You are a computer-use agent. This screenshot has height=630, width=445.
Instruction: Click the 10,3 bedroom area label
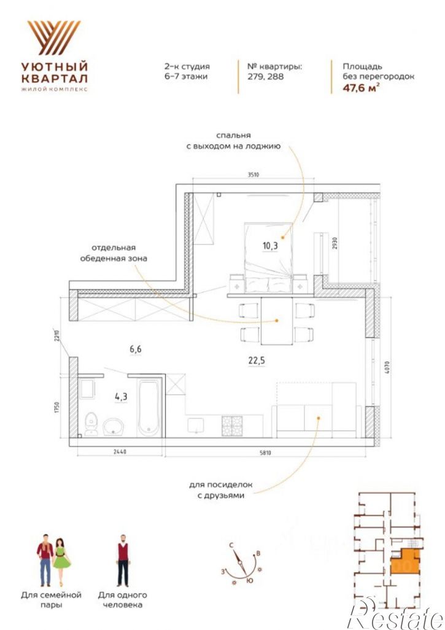point(270,246)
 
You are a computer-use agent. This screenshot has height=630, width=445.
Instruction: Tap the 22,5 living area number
point(256,360)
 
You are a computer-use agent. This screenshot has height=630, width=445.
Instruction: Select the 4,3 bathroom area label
point(121,397)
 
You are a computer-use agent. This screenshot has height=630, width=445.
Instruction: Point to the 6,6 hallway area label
point(136,349)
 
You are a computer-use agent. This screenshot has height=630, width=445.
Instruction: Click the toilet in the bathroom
point(91,424)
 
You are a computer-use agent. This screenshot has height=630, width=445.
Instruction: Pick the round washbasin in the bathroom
point(114,427)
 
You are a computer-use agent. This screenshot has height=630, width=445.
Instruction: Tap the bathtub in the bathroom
point(149,408)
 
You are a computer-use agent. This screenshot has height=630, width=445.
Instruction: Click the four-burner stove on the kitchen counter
point(232,426)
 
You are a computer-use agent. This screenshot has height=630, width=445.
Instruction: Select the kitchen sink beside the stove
point(196,426)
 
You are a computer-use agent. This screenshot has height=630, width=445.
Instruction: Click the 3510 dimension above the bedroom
point(253,175)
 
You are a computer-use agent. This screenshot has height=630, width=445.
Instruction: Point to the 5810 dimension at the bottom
point(265,453)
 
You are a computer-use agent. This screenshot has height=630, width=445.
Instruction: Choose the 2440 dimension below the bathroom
point(120,452)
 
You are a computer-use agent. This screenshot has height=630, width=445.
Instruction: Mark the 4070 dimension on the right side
point(386,368)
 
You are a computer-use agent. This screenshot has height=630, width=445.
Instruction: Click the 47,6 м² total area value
point(361,88)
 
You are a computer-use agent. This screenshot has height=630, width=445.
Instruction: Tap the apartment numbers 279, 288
point(266,76)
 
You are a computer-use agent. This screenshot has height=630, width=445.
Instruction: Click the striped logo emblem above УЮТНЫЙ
point(54,37)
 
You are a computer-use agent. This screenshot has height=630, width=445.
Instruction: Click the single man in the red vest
point(123,560)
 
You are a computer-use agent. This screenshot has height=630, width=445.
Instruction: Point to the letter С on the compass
point(231,545)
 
